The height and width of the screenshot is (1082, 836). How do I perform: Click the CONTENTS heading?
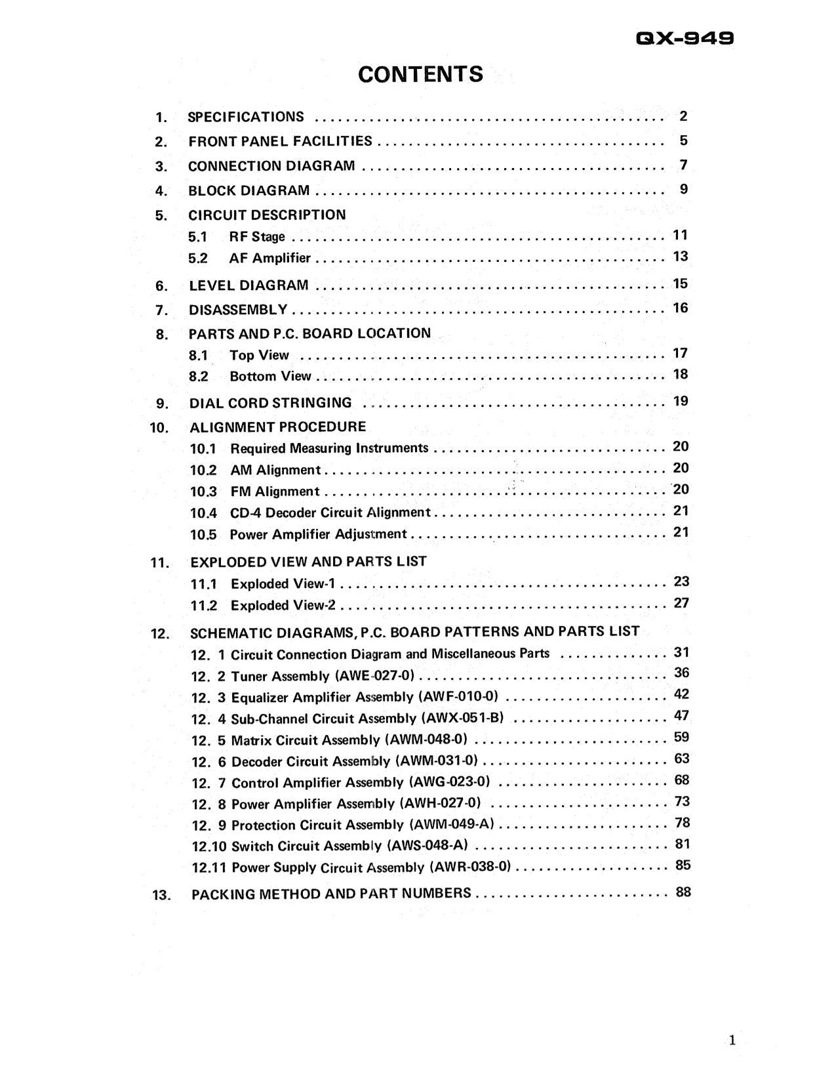pyautogui.click(x=420, y=74)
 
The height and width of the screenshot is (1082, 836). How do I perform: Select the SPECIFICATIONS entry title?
pyautogui.click(x=246, y=117)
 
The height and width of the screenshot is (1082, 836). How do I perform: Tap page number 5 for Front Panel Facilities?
pyautogui.click(x=683, y=140)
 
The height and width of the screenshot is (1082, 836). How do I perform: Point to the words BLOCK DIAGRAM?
pyautogui.click(x=249, y=191)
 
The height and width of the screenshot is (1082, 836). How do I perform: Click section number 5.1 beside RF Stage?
pyautogui.click(x=197, y=238)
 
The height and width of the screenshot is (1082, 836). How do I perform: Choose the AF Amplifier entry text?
pyautogui.click(x=269, y=259)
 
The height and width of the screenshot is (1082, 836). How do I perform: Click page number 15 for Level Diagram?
pyautogui.click(x=680, y=283)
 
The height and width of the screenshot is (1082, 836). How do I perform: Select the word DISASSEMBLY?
pyautogui.click(x=238, y=310)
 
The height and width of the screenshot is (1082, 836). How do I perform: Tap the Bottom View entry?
pyautogui.click(x=270, y=377)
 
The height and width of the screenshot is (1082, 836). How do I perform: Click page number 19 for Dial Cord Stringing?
pyautogui.click(x=681, y=401)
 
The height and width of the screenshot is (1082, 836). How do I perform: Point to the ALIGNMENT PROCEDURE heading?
pyautogui.click(x=278, y=427)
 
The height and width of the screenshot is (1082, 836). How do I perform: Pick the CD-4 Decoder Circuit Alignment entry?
pyautogui.click(x=330, y=513)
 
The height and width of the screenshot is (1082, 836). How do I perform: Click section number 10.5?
pyautogui.click(x=203, y=535)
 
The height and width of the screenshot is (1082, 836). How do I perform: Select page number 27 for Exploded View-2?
pyautogui.click(x=681, y=603)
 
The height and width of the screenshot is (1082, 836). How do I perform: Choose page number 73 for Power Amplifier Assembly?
pyautogui.click(x=682, y=802)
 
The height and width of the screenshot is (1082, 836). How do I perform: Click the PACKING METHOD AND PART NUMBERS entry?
pyautogui.click(x=331, y=894)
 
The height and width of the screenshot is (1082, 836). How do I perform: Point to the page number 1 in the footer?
pyautogui.click(x=732, y=1040)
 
